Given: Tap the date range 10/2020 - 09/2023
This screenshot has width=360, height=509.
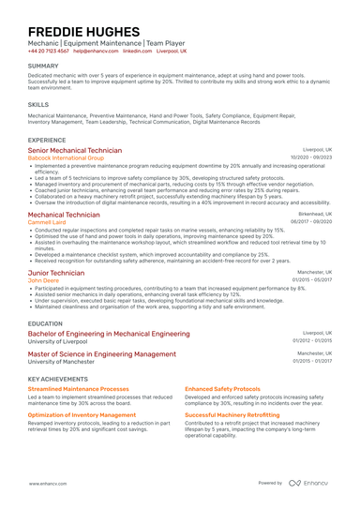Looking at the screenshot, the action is click(311, 157).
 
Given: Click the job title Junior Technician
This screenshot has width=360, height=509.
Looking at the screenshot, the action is click(56, 272).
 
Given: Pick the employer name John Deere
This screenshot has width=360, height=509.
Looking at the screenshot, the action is click(44, 280).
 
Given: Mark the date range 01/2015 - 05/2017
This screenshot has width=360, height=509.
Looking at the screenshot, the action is click(312, 279).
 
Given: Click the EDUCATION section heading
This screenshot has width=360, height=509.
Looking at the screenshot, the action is click(45, 322).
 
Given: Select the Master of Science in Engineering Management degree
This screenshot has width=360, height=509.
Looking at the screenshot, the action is click(101, 354).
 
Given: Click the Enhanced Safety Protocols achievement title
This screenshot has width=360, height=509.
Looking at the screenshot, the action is click(222, 388).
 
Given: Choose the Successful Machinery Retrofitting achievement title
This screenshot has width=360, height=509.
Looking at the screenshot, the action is click(230, 413).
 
